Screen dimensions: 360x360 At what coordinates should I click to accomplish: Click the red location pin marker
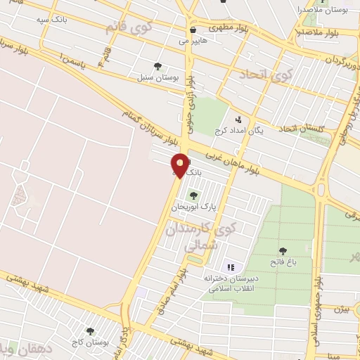[180, 166]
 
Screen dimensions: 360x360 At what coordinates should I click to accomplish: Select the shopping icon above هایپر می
[193, 30]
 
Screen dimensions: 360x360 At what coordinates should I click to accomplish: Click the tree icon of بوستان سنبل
[167, 65]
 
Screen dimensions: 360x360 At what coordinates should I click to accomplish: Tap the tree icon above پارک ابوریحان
[193, 195]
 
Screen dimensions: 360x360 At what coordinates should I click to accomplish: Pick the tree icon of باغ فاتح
[283, 251]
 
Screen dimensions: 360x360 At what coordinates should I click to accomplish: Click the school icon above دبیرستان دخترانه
[230, 267]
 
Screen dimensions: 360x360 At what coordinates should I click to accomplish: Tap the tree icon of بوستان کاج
[89, 330]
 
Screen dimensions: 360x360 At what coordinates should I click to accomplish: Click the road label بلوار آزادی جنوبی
[189, 107]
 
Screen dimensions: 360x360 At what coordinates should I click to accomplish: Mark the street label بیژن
[342, 309]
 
